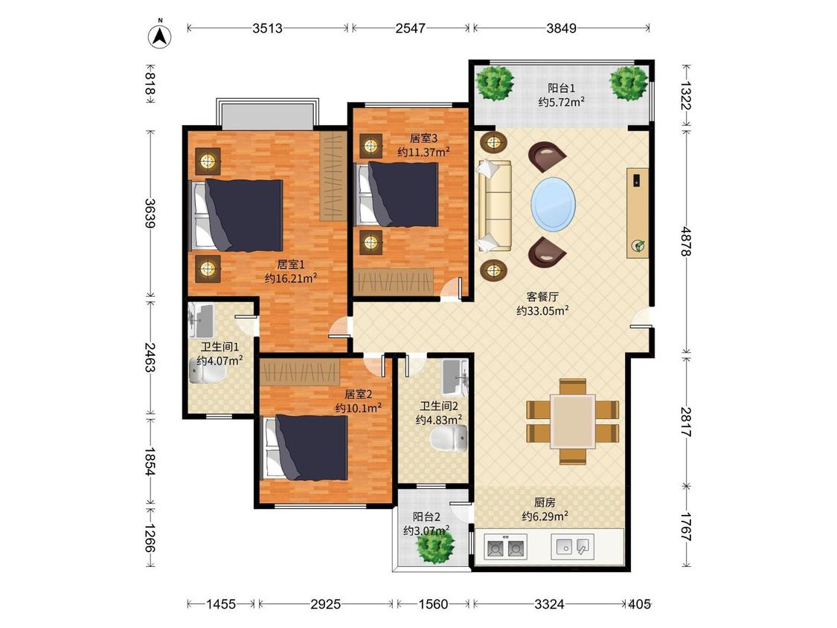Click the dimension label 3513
coord(267,28)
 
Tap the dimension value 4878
coord(687,241)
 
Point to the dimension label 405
coord(640,604)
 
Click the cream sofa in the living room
coord(494,205)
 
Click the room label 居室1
coord(291,264)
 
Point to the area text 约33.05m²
coord(542,311)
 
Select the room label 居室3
coord(423,138)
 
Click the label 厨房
coord(545,502)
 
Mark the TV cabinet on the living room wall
coord(638,213)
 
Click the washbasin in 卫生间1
coord(201,321)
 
